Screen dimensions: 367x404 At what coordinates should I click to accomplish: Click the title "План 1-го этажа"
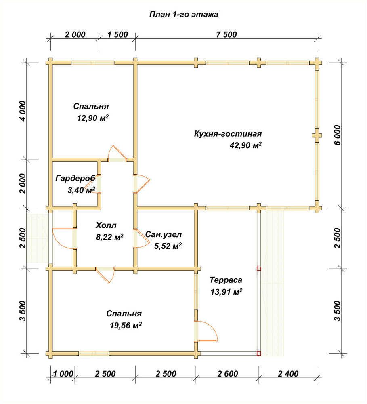[184, 14]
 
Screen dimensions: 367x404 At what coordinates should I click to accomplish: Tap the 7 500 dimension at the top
[226, 34]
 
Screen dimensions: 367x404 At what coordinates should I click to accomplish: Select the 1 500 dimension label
[117, 34]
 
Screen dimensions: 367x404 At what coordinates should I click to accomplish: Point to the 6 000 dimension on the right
[337, 135]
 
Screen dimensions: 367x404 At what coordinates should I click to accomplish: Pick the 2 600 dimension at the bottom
[228, 373]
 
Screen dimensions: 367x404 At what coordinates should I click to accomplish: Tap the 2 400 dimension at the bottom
[288, 373]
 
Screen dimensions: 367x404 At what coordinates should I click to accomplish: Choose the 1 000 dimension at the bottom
[63, 373]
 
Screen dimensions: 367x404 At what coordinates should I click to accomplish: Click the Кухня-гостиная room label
[228, 134]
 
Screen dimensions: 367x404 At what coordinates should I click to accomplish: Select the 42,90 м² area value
[246, 145]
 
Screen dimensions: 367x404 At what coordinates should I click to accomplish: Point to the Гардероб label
[75, 178]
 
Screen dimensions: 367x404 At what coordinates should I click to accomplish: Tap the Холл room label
[106, 225]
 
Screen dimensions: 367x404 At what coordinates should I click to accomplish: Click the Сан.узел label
[164, 234]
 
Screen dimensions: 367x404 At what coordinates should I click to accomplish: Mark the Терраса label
[226, 280]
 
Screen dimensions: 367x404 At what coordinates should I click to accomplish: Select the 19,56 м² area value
[126, 325]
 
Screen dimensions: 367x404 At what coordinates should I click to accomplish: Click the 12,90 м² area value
[93, 118]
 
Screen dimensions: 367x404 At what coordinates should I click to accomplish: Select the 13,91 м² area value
[226, 292]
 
